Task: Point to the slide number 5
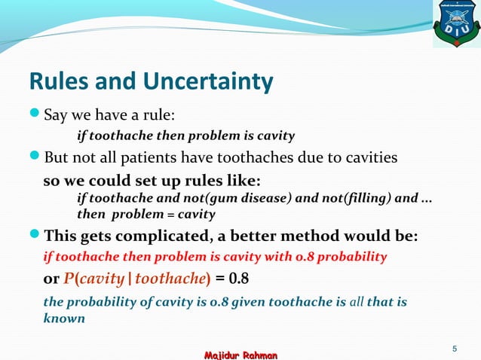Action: pyautogui.click(x=455, y=348)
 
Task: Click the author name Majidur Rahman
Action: pyautogui.click(x=240, y=353)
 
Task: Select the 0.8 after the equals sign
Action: pyautogui.click(x=239, y=279)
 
